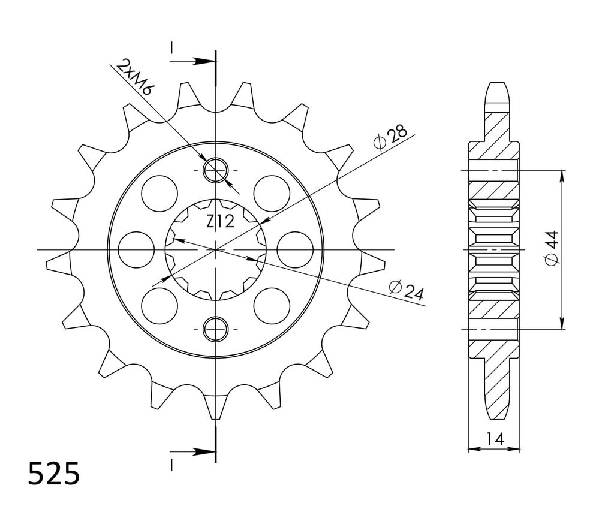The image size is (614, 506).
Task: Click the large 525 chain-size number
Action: pyautogui.click(x=54, y=474)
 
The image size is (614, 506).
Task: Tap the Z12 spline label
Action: pyautogui.click(x=220, y=222)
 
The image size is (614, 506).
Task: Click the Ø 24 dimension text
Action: pyautogui.click(x=407, y=291)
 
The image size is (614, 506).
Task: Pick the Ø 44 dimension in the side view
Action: pyautogui.click(x=552, y=249)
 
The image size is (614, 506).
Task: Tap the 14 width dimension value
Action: pyautogui.click(x=494, y=440)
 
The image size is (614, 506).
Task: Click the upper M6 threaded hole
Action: pyautogui.click(x=215, y=170)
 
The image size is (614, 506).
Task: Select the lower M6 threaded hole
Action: pyautogui.click(x=215, y=328)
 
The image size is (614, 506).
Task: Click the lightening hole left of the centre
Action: pyautogui.click(x=136, y=249)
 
